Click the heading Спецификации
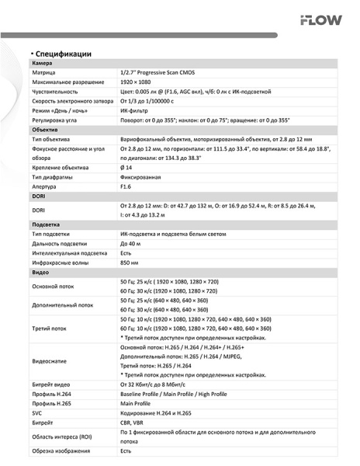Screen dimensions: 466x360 coord(62,54)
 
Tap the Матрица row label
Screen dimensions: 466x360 coord(44,71)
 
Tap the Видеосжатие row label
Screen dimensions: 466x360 coord(53,362)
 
